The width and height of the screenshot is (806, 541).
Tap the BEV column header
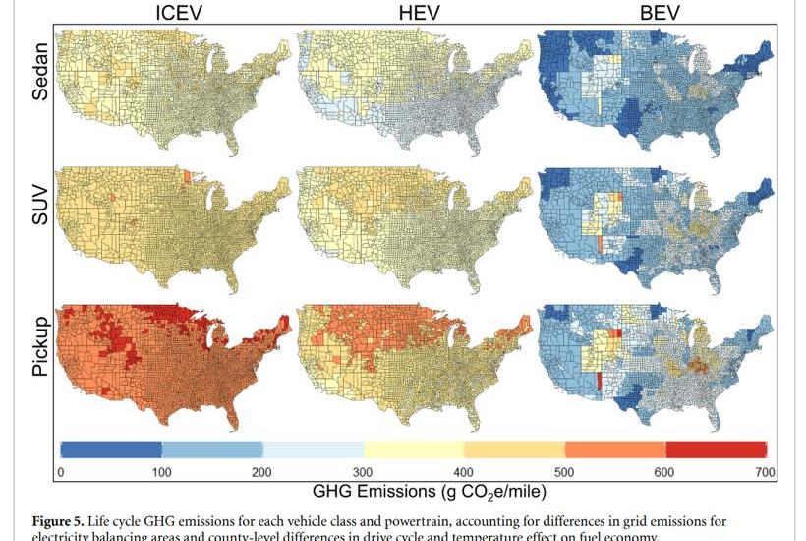(656, 13)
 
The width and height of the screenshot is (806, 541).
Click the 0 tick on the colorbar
(61, 472)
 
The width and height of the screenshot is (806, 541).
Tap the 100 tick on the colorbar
(161, 472)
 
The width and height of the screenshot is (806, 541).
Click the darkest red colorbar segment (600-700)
(717, 450)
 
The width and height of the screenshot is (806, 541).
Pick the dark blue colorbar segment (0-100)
(111, 450)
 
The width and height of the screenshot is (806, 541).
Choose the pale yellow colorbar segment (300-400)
(414, 450)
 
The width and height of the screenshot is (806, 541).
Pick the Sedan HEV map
(413, 89)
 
